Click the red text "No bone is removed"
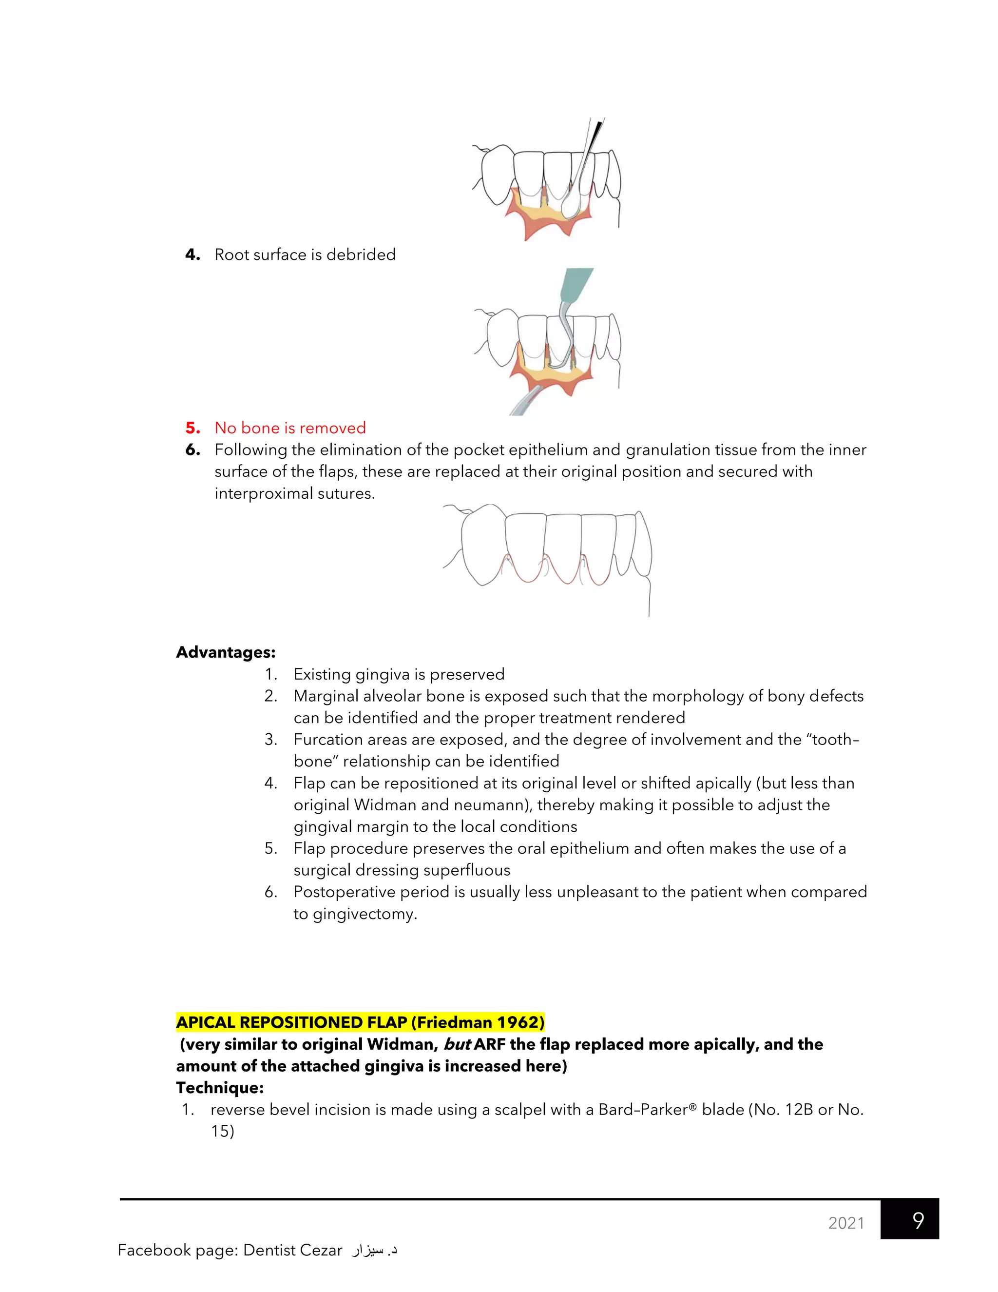(x=290, y=428)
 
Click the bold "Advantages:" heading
(x=226, y=652)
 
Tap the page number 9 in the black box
(x=918, y=1220)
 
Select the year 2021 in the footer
(x=846, y=1223)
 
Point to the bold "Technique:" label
(x=220, y=1087)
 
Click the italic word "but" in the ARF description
(x=457, y=1044)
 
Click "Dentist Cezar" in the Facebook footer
(x=293, y=1250)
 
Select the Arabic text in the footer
(x=374, y=1250)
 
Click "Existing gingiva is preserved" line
(x=399, y=674)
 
